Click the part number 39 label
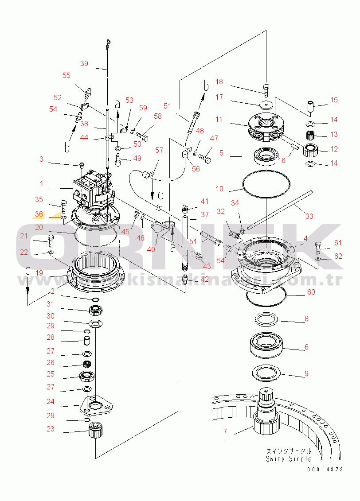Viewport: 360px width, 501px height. click(84, 63)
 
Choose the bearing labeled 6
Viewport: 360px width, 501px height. click(266, 345)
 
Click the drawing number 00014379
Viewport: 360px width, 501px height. click(325, 469)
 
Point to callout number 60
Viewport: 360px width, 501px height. click(311, 292)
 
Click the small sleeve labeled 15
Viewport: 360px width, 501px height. click(309, 106)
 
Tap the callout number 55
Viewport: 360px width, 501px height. click(67, 75)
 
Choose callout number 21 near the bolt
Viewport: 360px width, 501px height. click(24, 236)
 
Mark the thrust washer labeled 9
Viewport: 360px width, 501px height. click(266, 372)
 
